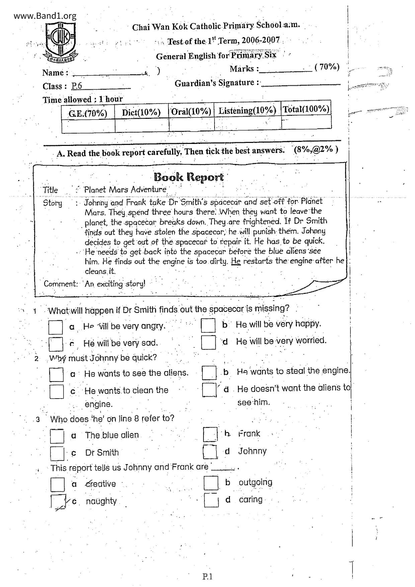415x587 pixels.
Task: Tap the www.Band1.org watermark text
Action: [x=45, y=16]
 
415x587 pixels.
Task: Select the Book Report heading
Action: [x=188, y=177]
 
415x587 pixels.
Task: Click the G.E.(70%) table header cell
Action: [x=88, y=113]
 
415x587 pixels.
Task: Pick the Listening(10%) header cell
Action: [x=247, y=110]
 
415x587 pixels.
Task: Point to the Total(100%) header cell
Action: [x=306, y=109]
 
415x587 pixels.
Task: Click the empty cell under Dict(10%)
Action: [x=142, y=125]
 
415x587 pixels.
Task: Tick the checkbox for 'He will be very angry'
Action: [x=56, y=327]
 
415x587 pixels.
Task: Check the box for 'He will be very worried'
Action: [x=209, y=342]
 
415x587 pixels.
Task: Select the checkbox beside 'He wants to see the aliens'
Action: [x=56, y=374]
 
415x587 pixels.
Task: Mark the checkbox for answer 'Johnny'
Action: [x=210, y=451]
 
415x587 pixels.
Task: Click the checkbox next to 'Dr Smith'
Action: [x=57, y=453]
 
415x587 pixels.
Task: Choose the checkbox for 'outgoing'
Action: [x=211, y=483]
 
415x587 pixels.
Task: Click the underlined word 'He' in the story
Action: [x=236, y=261]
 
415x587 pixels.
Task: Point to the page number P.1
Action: [x=207, y=576]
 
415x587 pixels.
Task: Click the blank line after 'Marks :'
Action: [x=285, y=70]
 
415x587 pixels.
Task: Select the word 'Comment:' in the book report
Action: [x=61, y=284]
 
